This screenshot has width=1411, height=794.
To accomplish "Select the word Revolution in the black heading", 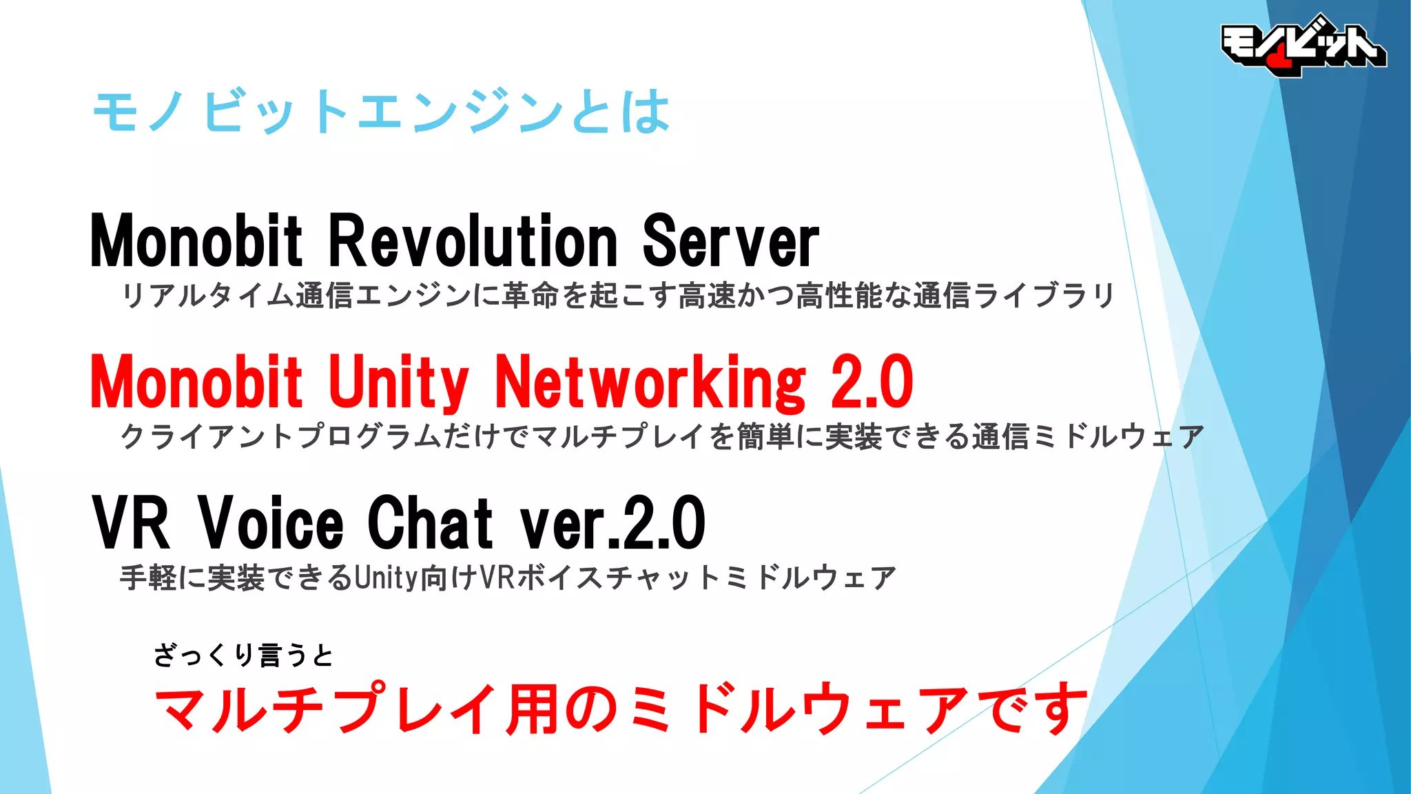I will (x=473, y=241).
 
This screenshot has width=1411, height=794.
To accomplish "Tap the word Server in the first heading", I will (x=730, y=241).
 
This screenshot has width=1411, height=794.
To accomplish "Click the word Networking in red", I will (x=650, y=383).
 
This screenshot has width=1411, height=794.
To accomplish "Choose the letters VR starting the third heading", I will (x=131, y=523).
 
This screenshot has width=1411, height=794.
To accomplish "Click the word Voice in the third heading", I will (x=271, y=523).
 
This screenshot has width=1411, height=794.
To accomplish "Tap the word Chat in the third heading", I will (x=430, y=523).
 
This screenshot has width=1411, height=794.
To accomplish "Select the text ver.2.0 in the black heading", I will (x=612, y=523).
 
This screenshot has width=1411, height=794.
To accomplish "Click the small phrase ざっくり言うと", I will (x=243, y=655).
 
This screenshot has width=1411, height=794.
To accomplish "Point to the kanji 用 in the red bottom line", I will (x=532, y=709).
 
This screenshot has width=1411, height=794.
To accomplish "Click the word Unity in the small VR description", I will (x=386, y=578).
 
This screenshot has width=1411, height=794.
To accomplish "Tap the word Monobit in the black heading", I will (x=196, y=241).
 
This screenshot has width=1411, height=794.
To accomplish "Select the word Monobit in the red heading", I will (x=196, y=383).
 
